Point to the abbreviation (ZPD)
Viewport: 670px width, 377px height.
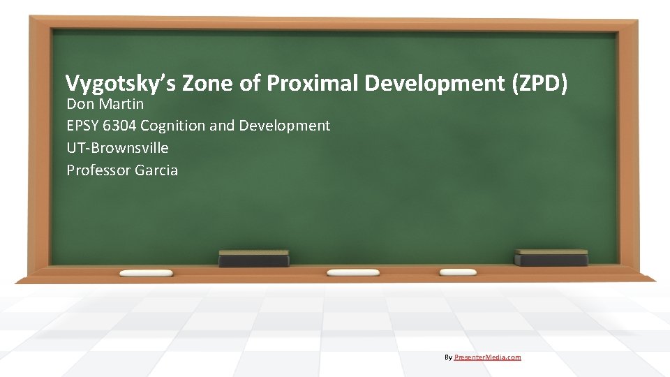point(539,84)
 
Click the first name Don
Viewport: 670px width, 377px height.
point(80,104)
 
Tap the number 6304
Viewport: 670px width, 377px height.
point(121,126)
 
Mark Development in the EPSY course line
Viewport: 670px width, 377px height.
point(285,126)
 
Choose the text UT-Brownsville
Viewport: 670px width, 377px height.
point(117,148)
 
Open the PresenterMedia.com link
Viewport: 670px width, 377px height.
point(487,357)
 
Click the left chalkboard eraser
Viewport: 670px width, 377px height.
point(253,258)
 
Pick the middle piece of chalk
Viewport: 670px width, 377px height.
point(353,272)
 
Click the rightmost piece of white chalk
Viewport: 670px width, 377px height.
point(458,272)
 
